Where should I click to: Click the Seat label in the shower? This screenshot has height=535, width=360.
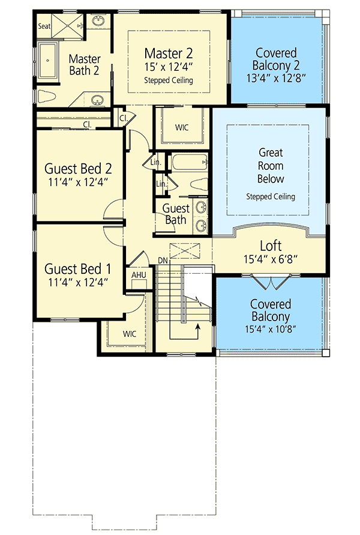pos(44,26)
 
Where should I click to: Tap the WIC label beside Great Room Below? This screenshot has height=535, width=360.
pos(182,127)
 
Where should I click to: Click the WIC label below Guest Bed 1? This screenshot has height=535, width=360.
pos(130,333)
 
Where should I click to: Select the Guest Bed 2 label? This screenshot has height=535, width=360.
pos(79,168)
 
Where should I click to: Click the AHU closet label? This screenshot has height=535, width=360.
pos(138,274)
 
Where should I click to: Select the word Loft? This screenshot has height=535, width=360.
pos(271,246)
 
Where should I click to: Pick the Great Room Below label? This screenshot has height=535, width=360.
pos(271,166)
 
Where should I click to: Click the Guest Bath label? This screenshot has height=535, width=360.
pos(176,214)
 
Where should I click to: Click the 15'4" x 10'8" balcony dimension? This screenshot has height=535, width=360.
pos(271,330)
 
